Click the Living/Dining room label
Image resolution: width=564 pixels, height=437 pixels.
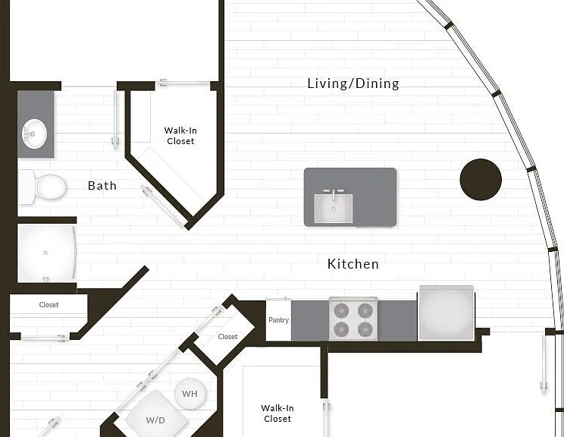(353, 83)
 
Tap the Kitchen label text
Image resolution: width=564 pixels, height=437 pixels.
(352, 264)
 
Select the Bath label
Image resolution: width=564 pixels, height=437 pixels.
(102, 186)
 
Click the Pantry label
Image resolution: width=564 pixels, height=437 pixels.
(279, 319)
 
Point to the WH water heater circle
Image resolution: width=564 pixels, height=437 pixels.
(190, 394)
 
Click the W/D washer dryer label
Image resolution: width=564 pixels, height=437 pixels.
(155, 420)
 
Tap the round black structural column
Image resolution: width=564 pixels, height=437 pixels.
(481, 179)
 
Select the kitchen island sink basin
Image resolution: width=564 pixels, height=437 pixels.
(333, 209)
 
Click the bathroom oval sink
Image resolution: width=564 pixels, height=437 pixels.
(35, 134)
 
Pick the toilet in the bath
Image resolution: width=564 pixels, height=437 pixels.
(42, 187)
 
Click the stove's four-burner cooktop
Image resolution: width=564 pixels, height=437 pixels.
(353, 319)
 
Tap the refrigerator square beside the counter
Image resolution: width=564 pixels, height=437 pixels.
(446, 313)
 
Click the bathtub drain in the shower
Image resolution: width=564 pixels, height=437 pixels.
(45, 253)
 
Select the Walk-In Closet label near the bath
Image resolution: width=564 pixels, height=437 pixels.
(180, 136)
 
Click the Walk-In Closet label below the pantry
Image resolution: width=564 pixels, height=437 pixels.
(277, 413)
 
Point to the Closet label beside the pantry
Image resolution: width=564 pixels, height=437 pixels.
(227, 337)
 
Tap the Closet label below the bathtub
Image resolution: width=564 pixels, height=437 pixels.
(49, 305)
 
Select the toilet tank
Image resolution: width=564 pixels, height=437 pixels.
(27, 187)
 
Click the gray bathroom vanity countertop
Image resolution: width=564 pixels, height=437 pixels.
(36, 124)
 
